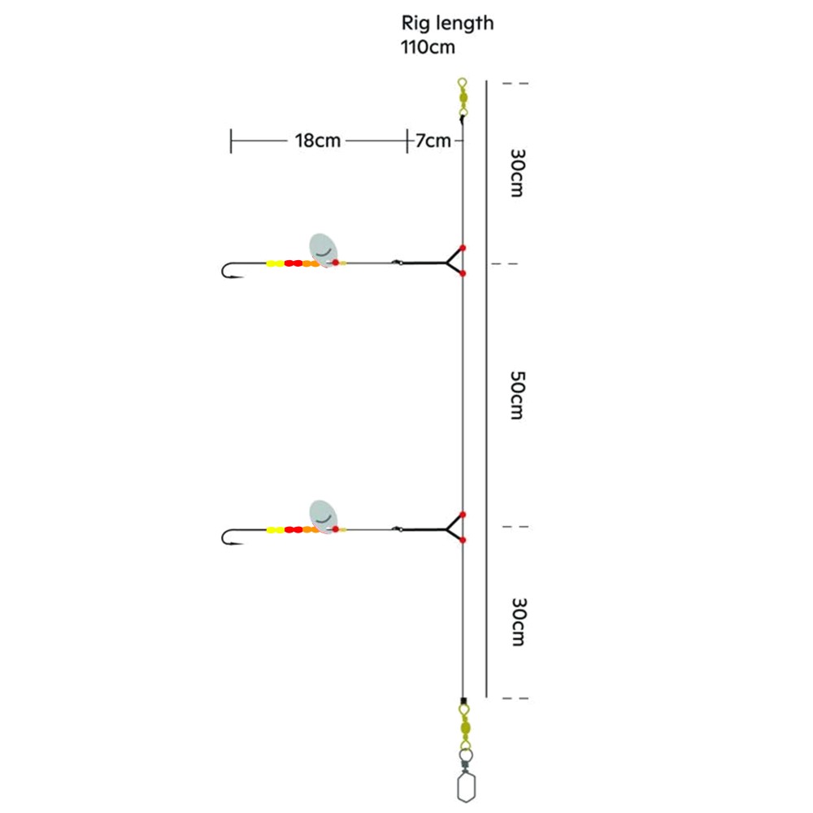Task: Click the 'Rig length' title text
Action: [x=447, y=24]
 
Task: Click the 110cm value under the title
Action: [x=428, y=46]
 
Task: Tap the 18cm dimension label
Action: [x=318, y=141]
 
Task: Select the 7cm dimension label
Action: [x=433, y=141]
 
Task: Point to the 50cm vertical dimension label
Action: [x=515, y=394]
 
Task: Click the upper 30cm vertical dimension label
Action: [x=515, y=172]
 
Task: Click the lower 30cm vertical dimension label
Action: [x=515, y=622]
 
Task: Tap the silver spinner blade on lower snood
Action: [x=323, y=514]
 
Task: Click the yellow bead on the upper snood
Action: [x=276, y=263]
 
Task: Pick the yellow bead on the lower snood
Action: [x=276, y=530]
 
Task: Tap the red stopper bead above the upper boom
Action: [x=462, y=247]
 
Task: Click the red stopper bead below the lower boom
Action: [x=462, y=541]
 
